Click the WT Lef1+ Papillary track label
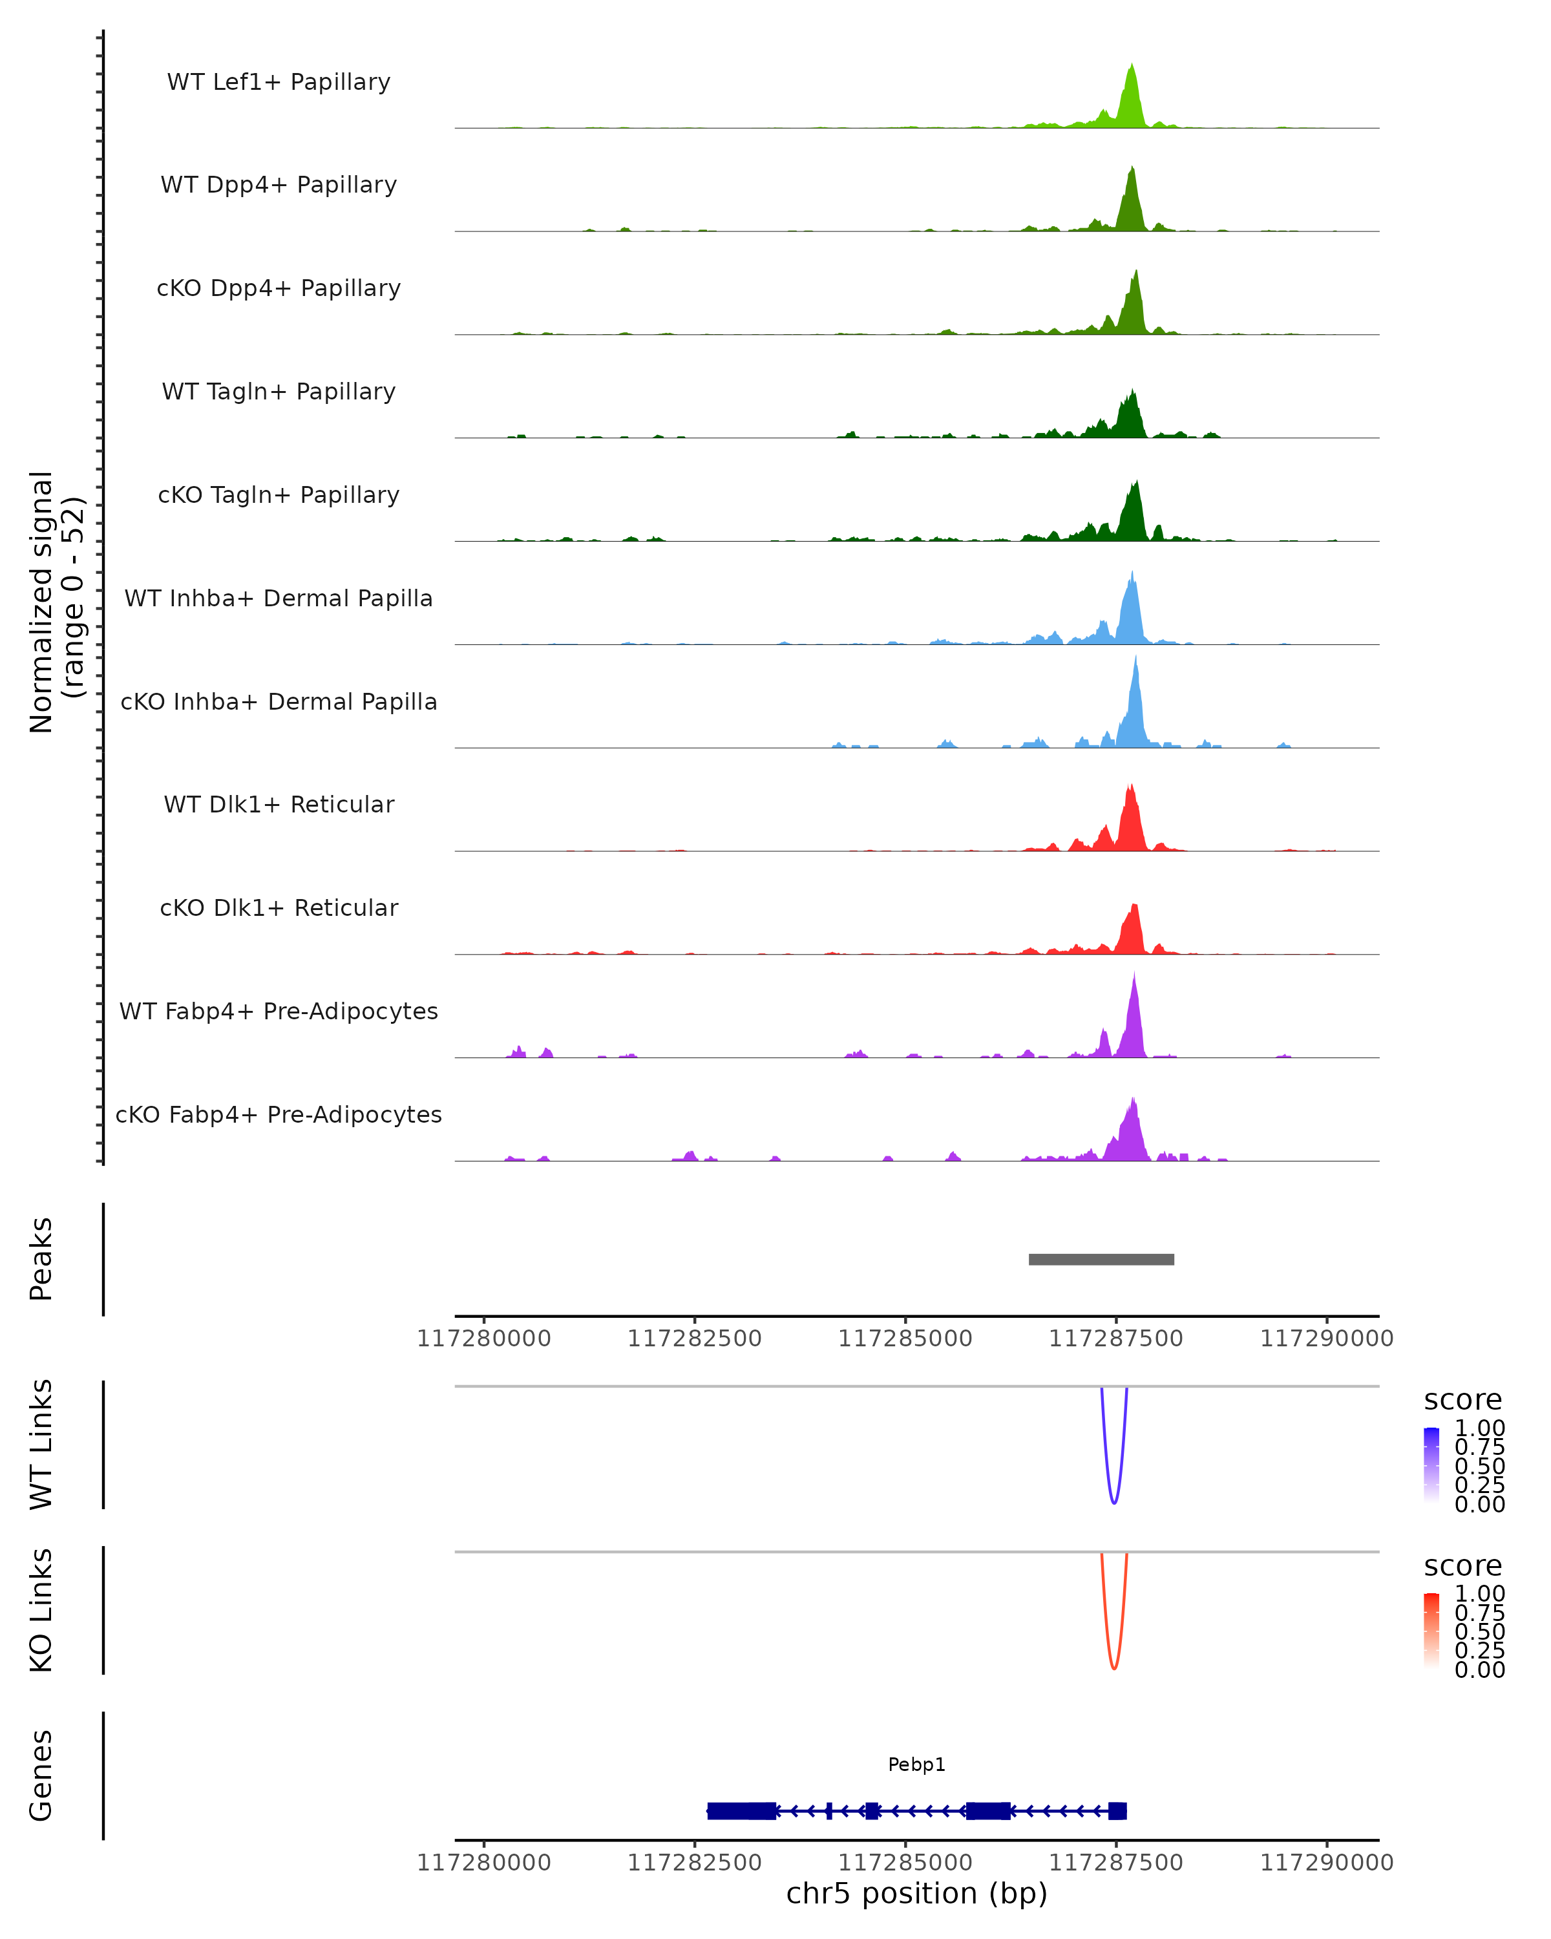pos(279,82)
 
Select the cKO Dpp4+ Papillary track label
pos(279,289)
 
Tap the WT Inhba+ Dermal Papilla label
pos(279,599)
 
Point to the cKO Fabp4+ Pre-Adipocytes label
pos(279,1115)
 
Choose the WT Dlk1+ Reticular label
pos(279,805)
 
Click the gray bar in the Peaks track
pos(1101,1259)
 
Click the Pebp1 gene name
pos(916,1765)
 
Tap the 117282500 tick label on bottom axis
pos(694,1863)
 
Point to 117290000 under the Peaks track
pos(1326,1339)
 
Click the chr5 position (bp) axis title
pos(916,1894)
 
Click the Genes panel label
pos(41,1776)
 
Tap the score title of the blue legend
pos(1462,1401)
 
